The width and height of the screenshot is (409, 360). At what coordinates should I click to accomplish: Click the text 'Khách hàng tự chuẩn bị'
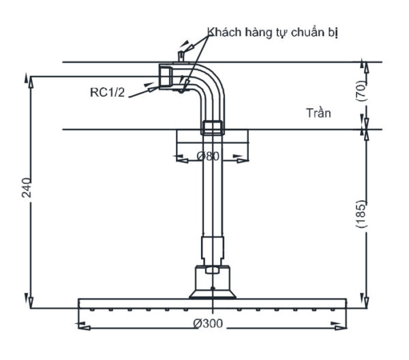tap(273, 33)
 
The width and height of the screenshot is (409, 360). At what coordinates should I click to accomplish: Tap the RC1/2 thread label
tap(108, 92)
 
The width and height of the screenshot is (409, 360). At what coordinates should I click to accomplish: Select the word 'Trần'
tap(318, 113)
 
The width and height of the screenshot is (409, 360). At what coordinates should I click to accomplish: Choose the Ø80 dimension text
tap(208, 157)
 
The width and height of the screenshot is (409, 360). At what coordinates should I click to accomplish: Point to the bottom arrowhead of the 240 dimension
tap(29, 300)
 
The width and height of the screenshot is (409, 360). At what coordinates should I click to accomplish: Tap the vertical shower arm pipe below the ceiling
tap(211, 191)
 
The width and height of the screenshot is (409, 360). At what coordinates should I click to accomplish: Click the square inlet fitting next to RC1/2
tap(166, 76)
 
